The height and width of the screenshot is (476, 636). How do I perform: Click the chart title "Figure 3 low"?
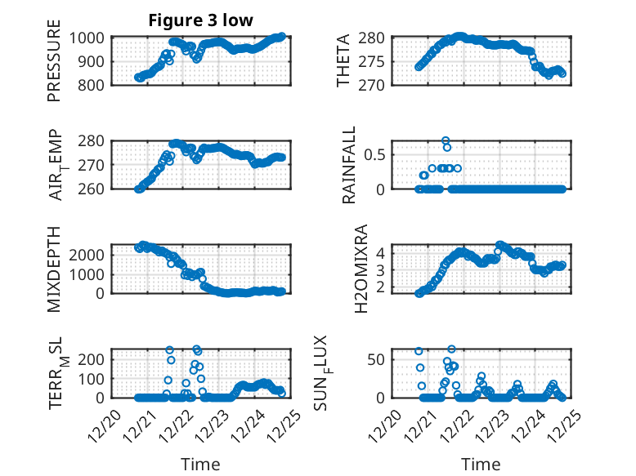[200, 20]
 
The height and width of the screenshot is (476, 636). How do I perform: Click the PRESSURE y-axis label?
[55, 66]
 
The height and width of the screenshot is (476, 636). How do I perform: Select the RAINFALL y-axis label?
[349, 165]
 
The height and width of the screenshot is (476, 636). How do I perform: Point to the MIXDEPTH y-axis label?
[55, 266]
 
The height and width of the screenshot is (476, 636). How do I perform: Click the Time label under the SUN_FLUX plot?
[481, 465]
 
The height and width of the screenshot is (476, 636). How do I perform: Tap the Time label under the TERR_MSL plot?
[200, 465]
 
